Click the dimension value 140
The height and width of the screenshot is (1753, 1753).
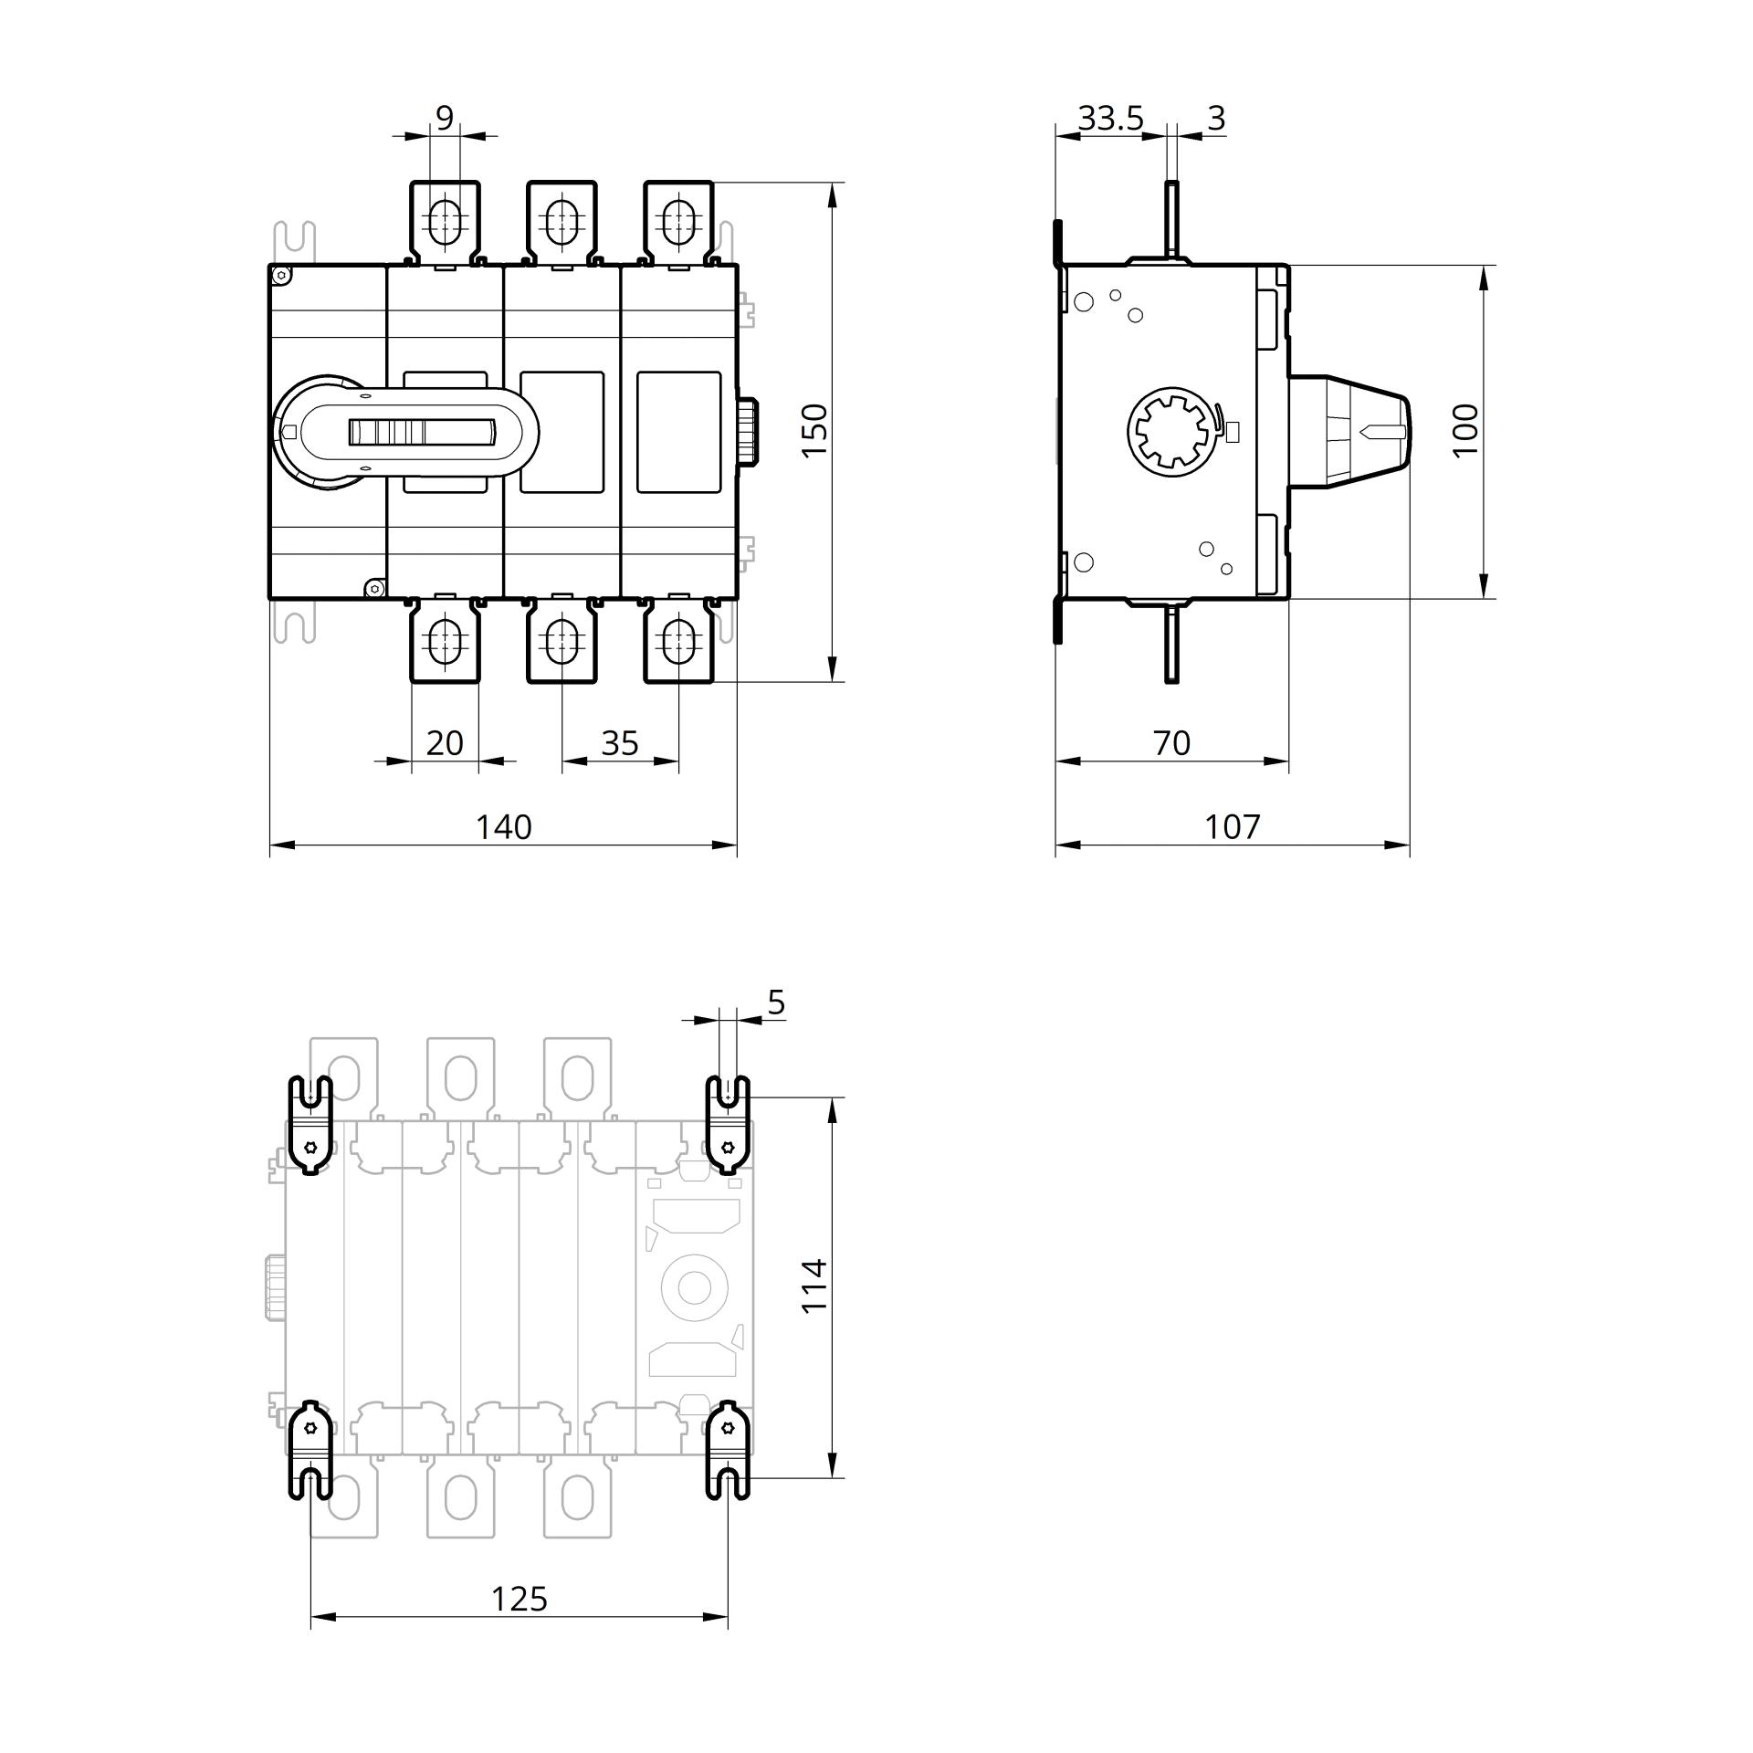(503, 826)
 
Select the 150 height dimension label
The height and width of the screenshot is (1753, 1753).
(814, 430)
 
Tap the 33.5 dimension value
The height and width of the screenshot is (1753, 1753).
(1110, 118)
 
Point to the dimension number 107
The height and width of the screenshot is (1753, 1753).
(1232, 826)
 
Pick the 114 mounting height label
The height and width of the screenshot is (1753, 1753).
(814, 1286)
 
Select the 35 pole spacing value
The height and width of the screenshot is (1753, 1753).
(620, 743)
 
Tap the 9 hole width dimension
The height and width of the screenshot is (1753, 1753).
(445, 118)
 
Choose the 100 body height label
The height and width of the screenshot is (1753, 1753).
(1464, 430)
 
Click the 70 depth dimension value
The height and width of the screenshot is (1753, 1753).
(1171, 743)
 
